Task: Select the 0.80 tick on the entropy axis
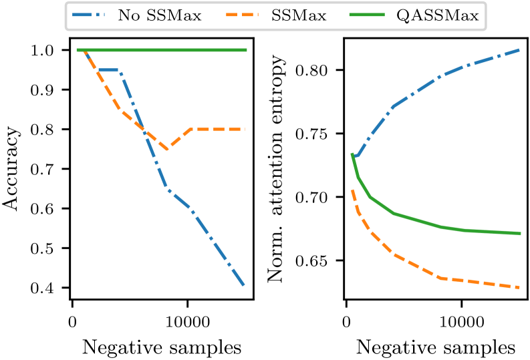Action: tap(315, 70)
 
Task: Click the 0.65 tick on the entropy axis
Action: tap(315, 261)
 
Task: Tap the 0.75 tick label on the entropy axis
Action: tap(315, 134)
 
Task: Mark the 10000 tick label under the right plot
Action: tap(461, 323)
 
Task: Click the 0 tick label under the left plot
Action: tap(72, 323)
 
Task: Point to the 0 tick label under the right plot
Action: tap(346, 323)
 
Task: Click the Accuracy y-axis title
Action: tap(13, 169)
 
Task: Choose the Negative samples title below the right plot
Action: tap(435, 347)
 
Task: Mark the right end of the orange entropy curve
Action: tap(520, 288)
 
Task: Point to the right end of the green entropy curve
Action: tap(520, 234)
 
